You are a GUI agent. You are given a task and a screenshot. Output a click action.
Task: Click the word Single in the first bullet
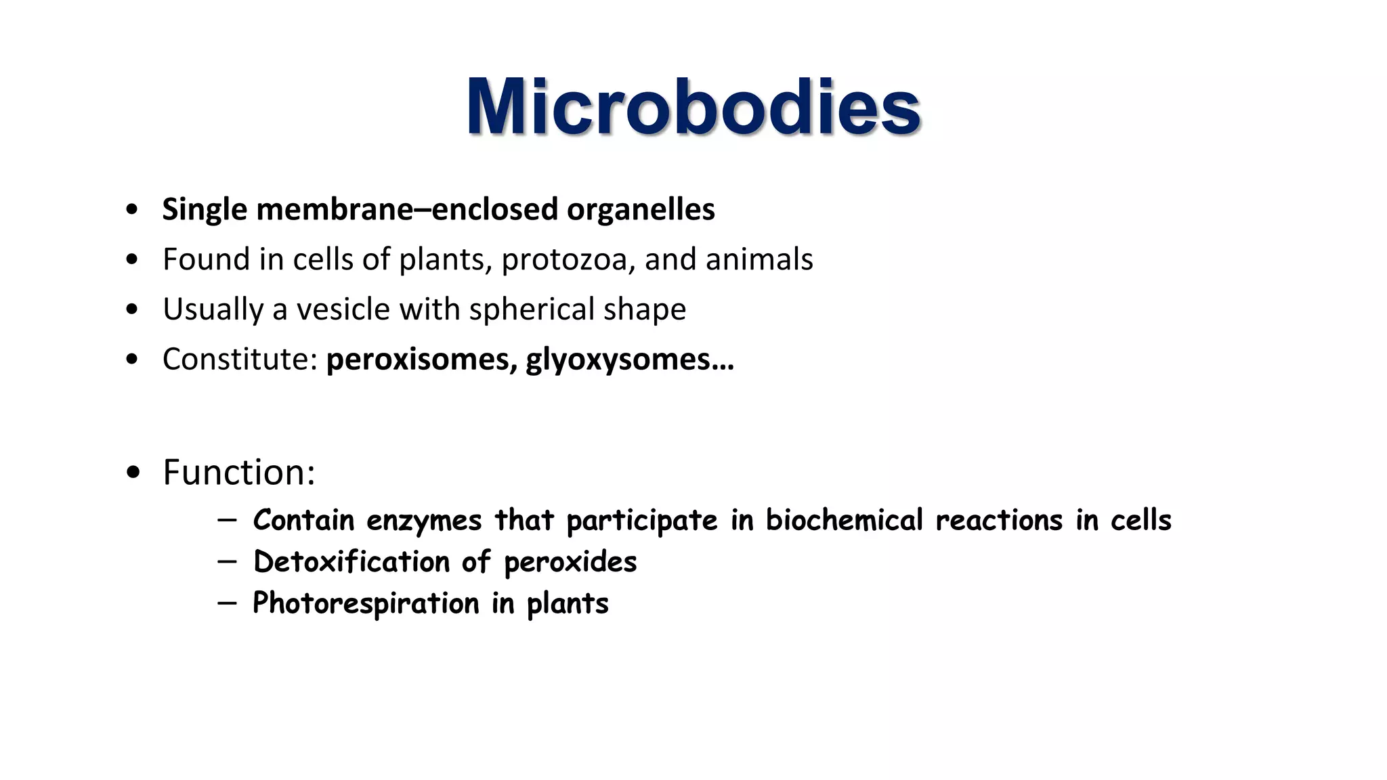205,209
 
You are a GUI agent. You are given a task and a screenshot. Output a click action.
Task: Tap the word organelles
641,209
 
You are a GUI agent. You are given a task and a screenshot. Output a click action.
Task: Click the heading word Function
238,472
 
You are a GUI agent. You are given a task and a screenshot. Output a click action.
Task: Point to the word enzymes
424,521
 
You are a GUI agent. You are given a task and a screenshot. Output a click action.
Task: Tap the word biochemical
844,521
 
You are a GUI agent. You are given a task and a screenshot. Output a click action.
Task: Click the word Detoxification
351,562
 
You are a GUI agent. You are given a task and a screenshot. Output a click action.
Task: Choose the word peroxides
570,563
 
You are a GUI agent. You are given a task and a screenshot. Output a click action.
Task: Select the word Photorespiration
366,603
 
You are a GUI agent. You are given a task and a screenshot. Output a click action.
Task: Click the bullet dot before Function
133,472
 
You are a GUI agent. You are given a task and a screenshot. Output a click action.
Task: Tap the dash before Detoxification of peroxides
228,561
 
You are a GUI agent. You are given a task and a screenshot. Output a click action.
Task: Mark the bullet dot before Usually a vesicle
133,309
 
